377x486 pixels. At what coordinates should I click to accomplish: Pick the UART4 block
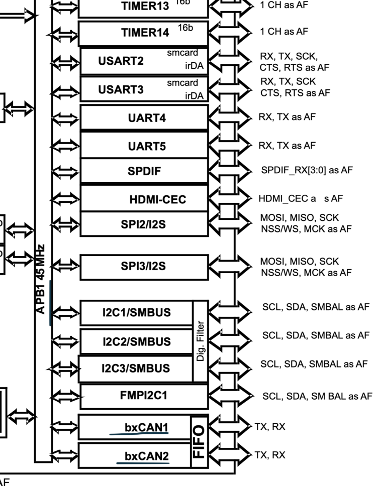point(143,118)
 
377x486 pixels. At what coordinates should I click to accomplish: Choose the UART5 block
point(143,146)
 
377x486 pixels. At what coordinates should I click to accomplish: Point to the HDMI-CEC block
point(143,199)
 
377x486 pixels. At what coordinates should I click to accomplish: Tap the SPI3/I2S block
point(143,266)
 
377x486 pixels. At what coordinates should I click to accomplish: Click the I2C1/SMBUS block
point(136,313)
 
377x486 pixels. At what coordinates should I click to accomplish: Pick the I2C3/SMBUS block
point(136,368)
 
